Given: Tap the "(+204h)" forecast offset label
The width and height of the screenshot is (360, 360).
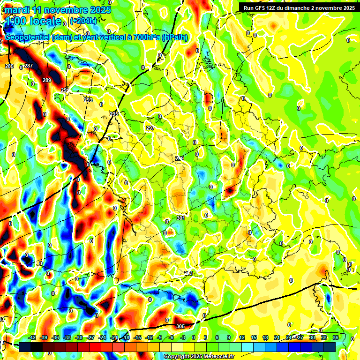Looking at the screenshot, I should tap(83, 21).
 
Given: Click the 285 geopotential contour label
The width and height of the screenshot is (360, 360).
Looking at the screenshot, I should tap(9, 66).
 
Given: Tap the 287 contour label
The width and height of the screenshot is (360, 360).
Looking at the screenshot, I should tap(29, 66).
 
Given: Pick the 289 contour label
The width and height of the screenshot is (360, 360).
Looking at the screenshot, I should tap(47, 81).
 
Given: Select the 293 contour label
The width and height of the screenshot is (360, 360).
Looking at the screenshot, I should tap(88, 100).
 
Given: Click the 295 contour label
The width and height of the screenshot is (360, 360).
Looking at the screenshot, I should tap(114, 114).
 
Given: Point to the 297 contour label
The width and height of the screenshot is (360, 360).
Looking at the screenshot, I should tap(150, 128).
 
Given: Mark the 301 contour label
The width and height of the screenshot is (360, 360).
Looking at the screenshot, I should tap(181, 218).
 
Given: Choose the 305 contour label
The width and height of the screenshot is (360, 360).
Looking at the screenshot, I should tap(180, 326).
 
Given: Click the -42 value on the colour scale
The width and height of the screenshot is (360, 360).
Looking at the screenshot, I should tap(32, 337).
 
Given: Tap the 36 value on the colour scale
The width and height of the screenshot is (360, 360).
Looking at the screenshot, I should tap(336, 337).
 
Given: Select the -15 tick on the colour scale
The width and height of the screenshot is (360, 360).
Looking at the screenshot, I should tap(138, 337).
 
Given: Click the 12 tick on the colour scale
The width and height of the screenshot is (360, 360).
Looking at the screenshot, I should tap(242, 337).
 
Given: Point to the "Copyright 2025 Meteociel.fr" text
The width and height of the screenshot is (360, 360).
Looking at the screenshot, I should tap(199, 356).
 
